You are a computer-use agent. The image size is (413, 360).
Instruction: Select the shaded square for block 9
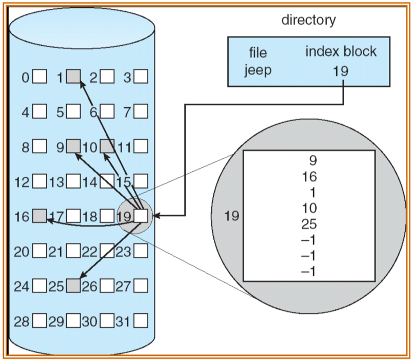click(x=74, y=147)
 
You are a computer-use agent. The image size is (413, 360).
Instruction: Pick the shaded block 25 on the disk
click(x=74, y=286)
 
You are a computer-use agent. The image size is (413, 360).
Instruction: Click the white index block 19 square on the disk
click(x=141, y=216)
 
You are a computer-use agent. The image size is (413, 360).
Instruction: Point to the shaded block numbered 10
click(x=107, y=147)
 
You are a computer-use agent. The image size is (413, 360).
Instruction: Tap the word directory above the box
click(x=309, y=20)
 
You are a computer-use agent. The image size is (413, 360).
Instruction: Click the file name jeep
click(x=258, y=70)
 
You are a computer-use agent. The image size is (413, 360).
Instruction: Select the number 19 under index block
click(x=340, y=70)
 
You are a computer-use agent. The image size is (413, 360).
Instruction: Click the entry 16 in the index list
click(x=309, y=177)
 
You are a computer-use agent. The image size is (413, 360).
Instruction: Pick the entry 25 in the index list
click(x=309, y=224)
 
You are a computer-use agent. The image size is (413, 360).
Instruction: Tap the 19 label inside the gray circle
click(x=232, y=216)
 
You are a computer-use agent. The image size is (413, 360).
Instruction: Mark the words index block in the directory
click(x=341, y=51)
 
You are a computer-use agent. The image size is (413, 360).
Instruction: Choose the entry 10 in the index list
click(x=309, y=209)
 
